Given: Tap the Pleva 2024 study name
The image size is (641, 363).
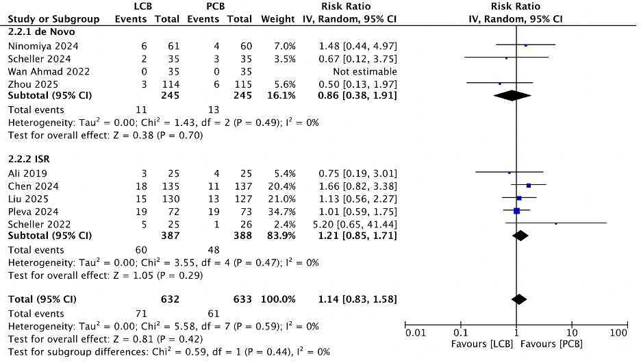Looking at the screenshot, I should point(28,210).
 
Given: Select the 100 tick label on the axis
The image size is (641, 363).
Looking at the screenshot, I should point(618,333).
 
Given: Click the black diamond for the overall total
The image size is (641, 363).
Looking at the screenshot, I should point(519,299).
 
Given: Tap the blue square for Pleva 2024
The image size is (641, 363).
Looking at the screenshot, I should point(516,210).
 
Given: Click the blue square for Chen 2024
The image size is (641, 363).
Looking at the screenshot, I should point(528,185).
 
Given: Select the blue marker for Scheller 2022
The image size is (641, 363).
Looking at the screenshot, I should point(555,223).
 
